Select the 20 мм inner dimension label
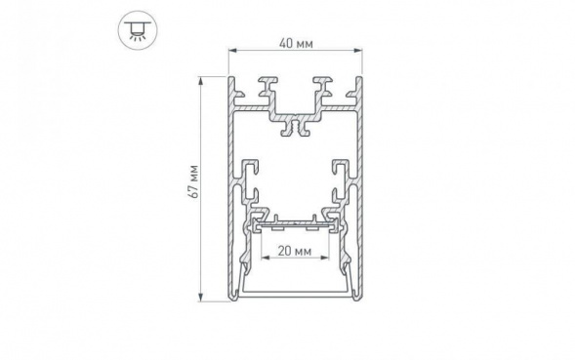(295, 251)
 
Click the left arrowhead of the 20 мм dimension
(266, 260)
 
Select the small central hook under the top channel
(295, 127)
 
